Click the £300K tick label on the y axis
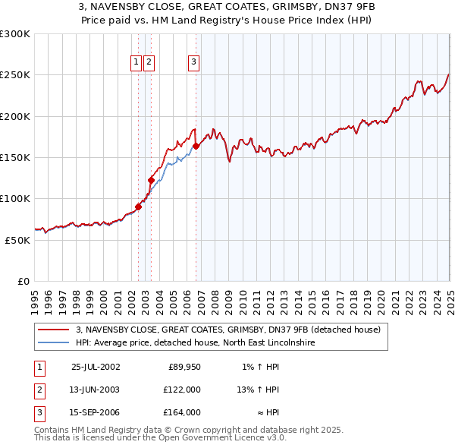click(x=15, y=34)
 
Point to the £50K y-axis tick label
click(x=17, y=240)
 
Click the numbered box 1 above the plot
click(x=136, y=62)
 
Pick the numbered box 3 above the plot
click(x=193, y=62)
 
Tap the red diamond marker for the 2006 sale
click(x=196, y=146)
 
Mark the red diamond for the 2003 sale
click(x=151, y=180)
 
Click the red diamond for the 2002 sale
click(x=139, y=207)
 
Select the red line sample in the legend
click(x=54, y=330)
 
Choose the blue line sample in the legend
click(x=54, y=342)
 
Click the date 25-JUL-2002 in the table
click(x=95, y=367)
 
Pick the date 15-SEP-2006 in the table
click(x=95, y=412)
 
